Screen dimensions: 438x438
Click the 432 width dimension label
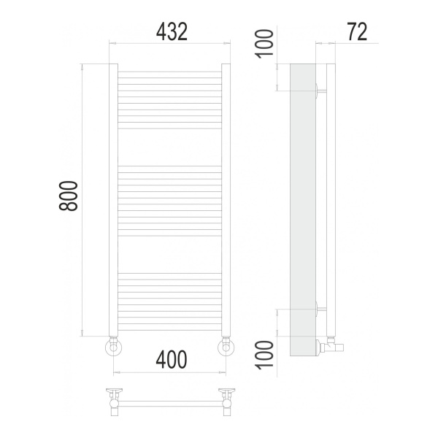pyautogui.click(x=172, y=32)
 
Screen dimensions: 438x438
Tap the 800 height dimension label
pyautogui.click(x=68, y=196)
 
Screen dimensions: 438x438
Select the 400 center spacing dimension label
pyautogui.click(x=172, y=359)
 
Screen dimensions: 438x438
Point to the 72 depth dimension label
pyautogui.click(x=357, y=32)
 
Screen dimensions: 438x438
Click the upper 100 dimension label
pyautogui.click(x=264, y=44)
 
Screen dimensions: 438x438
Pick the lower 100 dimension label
pyautogui.click(x=264, y=355)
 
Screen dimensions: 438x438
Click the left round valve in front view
pyautogui.click(x=113, y=347)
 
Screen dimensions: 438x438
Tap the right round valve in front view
pyautogui.click(x=226, y=347)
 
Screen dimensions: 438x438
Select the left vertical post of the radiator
pyautogui.click(x=113, y=200)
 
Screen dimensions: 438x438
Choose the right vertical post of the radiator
pyautogui.click(x=226, y=200)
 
